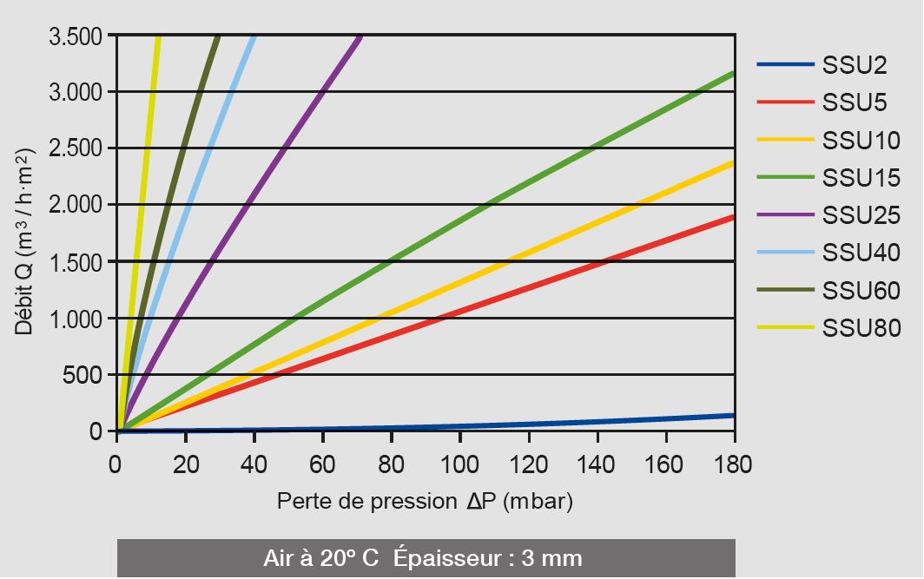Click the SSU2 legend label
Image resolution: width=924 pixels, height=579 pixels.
(x=855, y=65)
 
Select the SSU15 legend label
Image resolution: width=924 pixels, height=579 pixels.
(x=861, y=178)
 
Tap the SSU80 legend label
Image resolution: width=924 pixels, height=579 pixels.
(x=861, y=328)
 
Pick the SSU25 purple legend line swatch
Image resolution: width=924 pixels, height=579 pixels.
(x=785, y=214)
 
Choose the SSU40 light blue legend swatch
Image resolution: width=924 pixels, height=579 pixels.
(x=785, y=253)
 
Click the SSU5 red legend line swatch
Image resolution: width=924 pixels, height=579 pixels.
(x=785, y=102)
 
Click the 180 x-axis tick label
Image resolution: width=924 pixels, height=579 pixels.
(x=734, y=464)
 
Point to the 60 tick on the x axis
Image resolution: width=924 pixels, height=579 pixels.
(x=323, y=464)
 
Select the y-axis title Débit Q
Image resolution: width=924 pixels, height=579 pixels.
(x=23, y=242)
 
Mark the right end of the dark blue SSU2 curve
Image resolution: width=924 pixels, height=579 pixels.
(x=733, y=415)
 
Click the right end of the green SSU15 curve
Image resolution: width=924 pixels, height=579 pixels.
(x=733, y=75)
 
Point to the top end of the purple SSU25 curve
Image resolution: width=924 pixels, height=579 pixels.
(x=360, y=37)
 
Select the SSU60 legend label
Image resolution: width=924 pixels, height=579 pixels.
(x=861, y=291)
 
